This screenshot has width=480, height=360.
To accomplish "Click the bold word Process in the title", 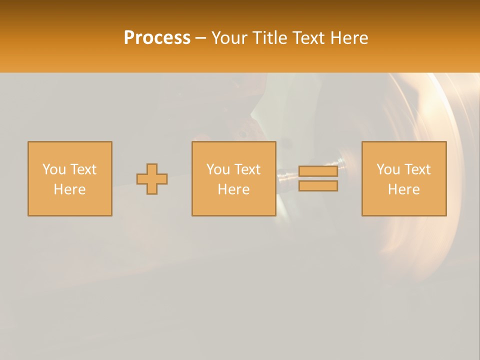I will coord(157,38).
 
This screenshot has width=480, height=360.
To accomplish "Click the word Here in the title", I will coord(350,38).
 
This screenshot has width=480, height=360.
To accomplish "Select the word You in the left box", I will coord(54,169).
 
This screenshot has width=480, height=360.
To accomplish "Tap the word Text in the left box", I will coord(83,169).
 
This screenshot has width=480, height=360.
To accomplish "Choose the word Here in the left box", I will coord(69,189).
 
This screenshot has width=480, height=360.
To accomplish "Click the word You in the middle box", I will coord(218,169).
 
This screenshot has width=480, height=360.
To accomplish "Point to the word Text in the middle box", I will coord(247,169).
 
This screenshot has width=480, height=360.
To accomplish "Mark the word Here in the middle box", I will coord(233,189).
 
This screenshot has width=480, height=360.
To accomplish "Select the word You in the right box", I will coord(388,169).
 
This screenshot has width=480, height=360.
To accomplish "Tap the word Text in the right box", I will coord(417,169).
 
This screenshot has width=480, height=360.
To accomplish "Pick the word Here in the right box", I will coord(403,189).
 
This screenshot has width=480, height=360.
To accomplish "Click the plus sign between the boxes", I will coord(152,179).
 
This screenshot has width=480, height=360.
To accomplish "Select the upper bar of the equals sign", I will coord(318,171).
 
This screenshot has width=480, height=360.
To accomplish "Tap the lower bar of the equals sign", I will coord(318,186).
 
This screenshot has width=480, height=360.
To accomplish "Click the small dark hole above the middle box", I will coord(242,134).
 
